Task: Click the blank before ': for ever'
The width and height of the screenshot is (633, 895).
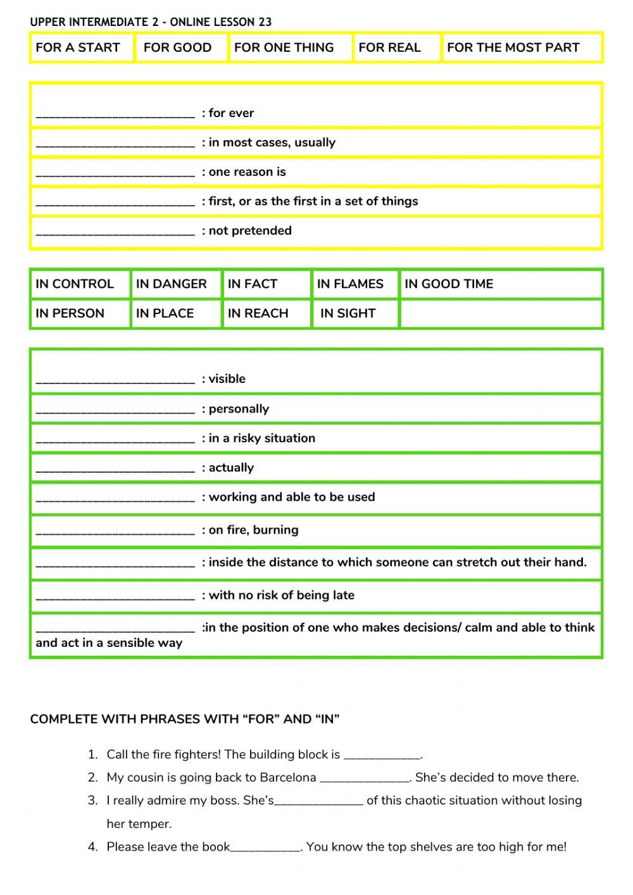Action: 115,114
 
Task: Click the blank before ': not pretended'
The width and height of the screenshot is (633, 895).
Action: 115,232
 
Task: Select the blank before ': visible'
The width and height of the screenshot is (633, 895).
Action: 115,380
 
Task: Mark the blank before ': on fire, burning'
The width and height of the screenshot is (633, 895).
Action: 115,531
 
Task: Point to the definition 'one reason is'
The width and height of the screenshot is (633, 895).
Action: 247,172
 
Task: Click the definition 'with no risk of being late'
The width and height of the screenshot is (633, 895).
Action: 281,595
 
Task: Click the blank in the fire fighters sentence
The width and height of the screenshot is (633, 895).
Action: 382,755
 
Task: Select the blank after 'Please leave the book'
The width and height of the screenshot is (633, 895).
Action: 266,848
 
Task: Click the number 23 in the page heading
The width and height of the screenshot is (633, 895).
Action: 265,22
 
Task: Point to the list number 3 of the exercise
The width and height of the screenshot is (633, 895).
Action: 92,801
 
